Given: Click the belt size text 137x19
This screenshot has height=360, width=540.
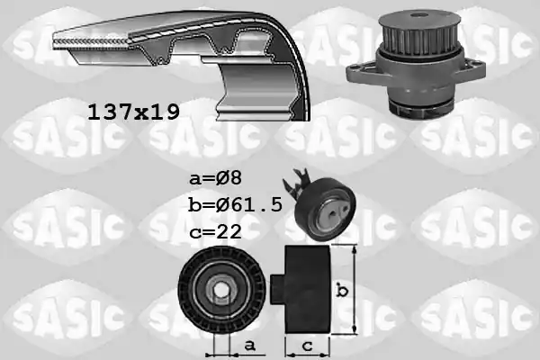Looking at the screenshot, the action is point(133,112).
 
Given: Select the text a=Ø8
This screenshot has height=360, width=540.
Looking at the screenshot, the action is point(216,178).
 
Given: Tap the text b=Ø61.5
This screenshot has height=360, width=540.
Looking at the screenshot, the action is point(236,204).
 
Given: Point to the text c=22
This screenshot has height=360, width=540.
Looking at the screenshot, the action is point(216,231).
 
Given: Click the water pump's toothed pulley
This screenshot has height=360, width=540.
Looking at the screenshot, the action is point(418,33).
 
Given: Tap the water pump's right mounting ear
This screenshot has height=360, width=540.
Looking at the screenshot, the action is point(474,69).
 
